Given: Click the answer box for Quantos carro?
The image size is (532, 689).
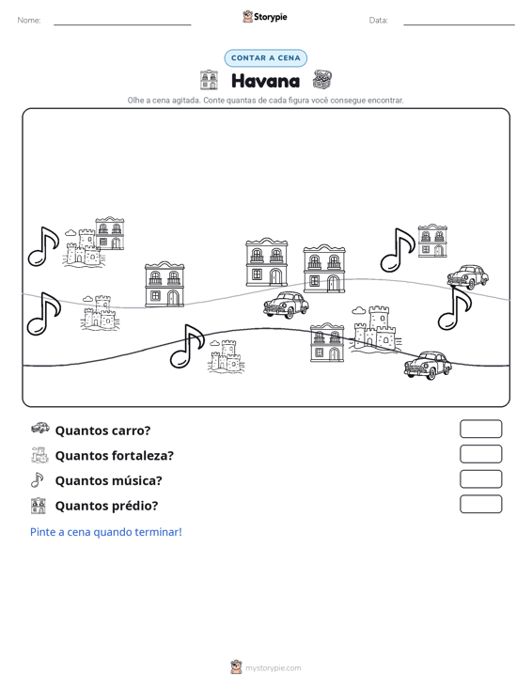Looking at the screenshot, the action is (480, 429).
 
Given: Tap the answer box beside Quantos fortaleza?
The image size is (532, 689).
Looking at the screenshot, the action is (480, 454).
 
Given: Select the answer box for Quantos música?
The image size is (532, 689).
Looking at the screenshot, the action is (480, 479).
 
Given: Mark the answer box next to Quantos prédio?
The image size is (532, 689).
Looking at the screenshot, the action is (480, 504).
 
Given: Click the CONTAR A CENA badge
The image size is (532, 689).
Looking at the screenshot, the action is (265, 58).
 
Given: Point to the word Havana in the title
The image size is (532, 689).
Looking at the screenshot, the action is (265, 81).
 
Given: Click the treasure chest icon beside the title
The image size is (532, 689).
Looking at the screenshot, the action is (322, 80).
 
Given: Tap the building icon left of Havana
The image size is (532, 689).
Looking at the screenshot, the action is (209, 80).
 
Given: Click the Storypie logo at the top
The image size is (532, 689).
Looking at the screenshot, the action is (264, 17).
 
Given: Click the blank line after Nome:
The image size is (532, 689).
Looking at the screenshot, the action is (122, 24).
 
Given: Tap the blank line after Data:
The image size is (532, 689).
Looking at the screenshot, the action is (459, 24).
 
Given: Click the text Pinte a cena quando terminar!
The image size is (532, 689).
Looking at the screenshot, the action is (106, 532).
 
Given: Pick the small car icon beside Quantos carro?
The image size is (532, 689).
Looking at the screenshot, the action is (40, 428).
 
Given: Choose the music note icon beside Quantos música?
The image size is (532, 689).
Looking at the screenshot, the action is (38, 479).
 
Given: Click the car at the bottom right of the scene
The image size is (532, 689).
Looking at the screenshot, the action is (428, 365).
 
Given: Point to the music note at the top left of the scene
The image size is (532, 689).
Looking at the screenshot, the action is (43, 246).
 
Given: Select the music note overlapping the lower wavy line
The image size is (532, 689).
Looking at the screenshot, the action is (187, 346).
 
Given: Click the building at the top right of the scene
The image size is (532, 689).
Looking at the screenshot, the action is (431, 241).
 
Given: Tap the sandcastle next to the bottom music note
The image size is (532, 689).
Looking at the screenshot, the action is (227, 357).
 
